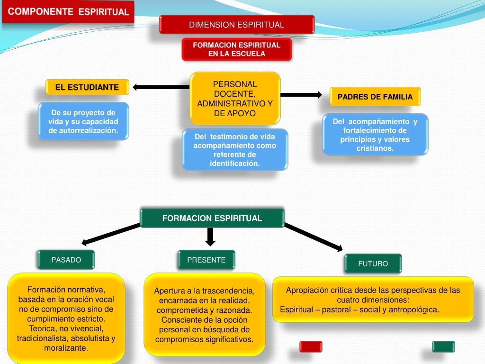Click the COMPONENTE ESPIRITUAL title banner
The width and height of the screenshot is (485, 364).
coord(68,12)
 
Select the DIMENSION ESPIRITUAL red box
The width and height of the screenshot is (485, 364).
coord(237,25)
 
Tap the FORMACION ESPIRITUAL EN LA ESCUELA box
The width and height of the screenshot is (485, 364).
coord(237,49)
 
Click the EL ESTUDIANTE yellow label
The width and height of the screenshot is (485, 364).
coord(87,87)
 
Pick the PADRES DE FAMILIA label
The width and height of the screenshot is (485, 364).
coord(375,97)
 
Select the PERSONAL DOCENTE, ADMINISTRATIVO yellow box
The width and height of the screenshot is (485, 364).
coord(235,99)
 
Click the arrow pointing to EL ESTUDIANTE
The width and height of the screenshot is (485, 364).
coord(161,87)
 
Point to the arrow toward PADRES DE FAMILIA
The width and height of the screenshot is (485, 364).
coord(301,95)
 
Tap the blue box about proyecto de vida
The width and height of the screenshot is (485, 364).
coord(83,121)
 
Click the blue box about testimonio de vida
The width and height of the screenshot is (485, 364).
coord(235,150)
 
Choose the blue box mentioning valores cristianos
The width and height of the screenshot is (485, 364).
coord(375,135)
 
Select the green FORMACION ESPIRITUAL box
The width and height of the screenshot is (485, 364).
coord(212,218)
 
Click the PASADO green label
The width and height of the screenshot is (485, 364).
coord(66,260)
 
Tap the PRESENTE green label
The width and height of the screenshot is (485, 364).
coord(207,260)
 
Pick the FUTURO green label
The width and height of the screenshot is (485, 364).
coord(373,264)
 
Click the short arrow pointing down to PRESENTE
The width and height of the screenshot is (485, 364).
coord(211,236)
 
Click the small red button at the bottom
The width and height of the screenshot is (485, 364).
coord(311,346)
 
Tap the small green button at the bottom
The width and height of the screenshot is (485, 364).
coord(443,346)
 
